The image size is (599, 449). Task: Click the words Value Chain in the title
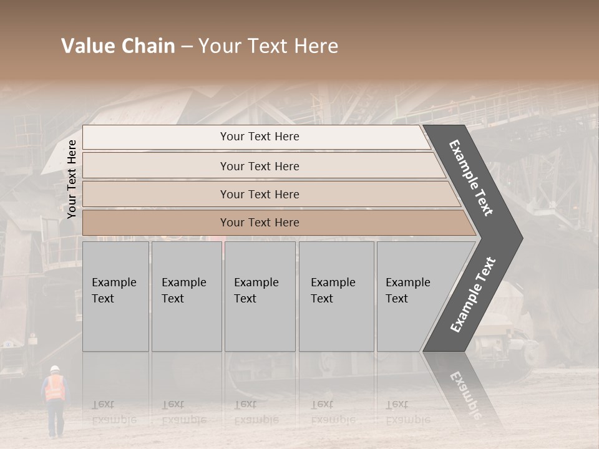118,46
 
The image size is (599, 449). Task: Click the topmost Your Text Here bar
259,137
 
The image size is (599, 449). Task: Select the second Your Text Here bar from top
259,166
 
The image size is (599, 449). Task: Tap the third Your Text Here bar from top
259,194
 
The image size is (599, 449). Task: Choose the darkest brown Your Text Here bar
259,223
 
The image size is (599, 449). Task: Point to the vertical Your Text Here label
72,179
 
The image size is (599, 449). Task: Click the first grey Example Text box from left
115,296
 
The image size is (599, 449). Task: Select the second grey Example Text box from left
186,296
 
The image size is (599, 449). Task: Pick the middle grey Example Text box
260,296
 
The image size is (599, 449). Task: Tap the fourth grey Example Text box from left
336,296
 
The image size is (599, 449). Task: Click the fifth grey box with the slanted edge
412,296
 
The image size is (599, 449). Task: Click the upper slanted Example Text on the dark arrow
471,178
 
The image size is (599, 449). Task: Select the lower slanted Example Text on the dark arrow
473,295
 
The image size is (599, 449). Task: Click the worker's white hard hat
54,369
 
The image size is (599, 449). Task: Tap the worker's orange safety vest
55,387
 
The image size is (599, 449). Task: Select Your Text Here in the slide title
268,46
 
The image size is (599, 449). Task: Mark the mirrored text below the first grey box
114,412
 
